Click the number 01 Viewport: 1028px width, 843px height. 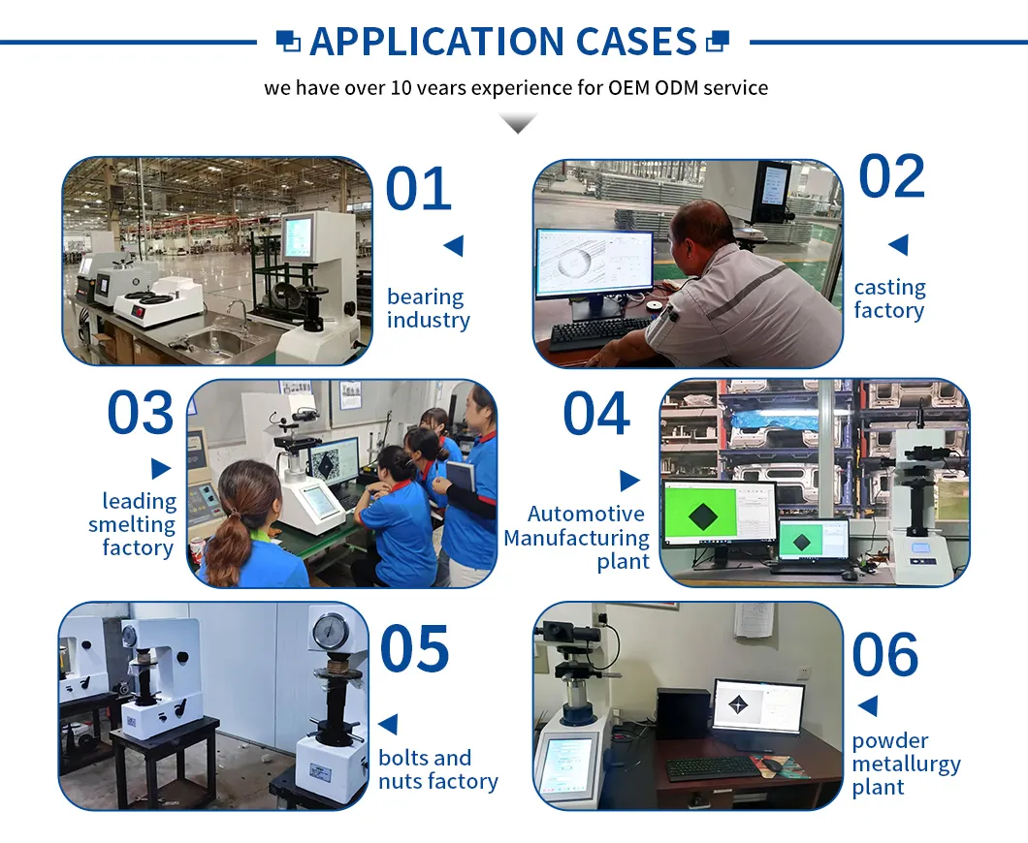(x=419, y=189)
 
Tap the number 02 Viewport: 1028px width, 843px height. (x=891, y=176)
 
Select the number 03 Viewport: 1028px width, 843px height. (x=141, y=414)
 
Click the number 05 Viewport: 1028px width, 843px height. (x=415, y=649)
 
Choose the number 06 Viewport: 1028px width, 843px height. (x=884, y=656)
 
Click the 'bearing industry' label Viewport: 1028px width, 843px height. (x=428, y=309)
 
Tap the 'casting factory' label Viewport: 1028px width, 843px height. (x=889, y=299)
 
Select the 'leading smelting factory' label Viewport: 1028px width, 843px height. (x=133, y=524)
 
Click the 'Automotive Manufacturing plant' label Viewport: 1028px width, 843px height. (x=576, y=538)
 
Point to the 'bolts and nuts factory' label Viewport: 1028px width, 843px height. (x=437, y=769)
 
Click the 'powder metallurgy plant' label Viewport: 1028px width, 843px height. (x=906, y=765)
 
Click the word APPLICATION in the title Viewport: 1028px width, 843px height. (x=439, y=42)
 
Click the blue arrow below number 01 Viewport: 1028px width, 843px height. (x=453, y=247)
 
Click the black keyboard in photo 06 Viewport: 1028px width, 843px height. (x=712, y=766)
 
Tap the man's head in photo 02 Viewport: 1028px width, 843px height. (x=701, y=233)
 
